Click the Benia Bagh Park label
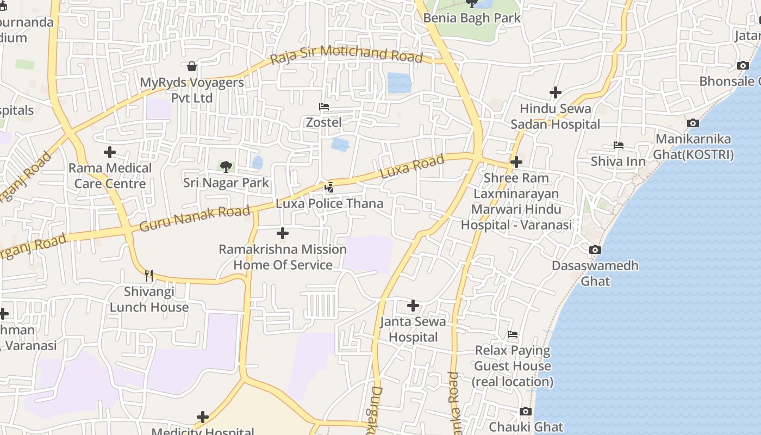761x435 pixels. (472, 18)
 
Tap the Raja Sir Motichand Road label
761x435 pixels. (346, 55)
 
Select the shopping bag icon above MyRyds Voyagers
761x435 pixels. (191, 66)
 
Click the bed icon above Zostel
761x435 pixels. (324, 107)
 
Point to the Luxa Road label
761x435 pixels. (411, 167)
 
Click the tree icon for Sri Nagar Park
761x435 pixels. (226, 166)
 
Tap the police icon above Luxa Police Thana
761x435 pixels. (329, 188)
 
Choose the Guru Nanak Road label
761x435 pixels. (195, 218)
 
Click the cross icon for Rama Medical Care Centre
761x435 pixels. (110, 152)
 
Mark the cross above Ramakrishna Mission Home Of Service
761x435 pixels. (283, 233)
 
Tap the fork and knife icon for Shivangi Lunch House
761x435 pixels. (149, 276)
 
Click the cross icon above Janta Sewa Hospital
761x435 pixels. (413, 306)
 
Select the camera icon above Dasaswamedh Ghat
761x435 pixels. (595, 250)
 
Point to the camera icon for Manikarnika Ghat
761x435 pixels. (693, 123)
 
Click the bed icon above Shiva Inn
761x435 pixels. (618, 145)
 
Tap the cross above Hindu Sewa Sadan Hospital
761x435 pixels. (555, 92)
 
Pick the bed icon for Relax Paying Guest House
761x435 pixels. (513, 334)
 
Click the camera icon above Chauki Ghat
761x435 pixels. (525, 411)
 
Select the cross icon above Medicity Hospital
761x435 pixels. (203, 417)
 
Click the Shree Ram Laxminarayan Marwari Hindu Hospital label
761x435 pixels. (516, 201)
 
